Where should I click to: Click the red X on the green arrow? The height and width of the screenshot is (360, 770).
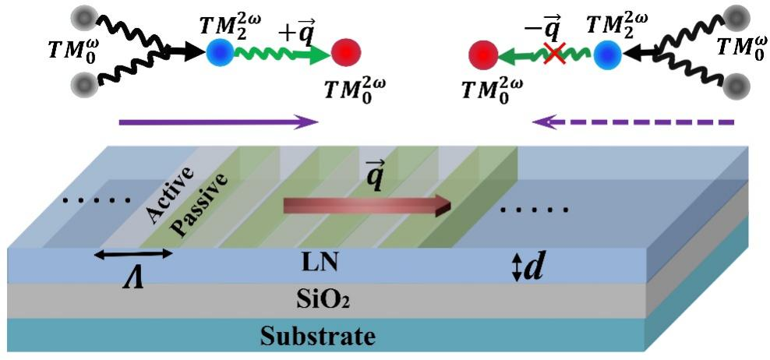point(555,55)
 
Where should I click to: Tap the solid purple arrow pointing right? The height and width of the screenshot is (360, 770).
point(218,122)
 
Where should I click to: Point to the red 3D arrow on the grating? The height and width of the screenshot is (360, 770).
point(366,206)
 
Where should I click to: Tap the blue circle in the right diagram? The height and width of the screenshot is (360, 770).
point(608,55)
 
